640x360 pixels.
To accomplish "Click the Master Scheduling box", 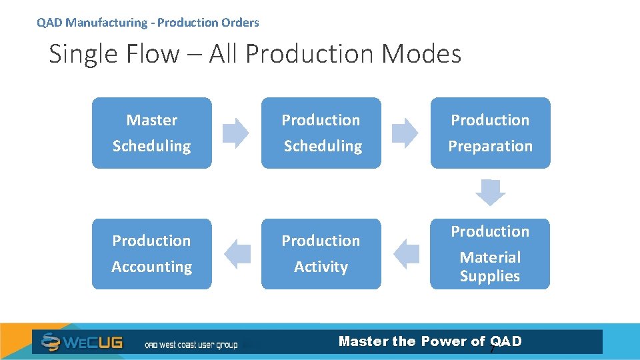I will tap(151, 133).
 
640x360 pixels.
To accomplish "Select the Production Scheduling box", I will tap(321, 133).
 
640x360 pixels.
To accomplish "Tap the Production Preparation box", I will tap(490, 133).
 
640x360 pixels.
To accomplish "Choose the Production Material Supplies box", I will tap(490, 253).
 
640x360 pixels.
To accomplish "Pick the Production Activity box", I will tap(321, 253).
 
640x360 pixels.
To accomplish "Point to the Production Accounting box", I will tap(151, 253).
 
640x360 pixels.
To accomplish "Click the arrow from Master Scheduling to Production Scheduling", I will tap(235, 133).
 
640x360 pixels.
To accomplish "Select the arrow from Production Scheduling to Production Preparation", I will tap(405, 133).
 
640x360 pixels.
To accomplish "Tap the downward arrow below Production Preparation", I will tap(490, 193).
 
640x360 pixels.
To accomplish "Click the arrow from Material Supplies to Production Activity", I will tap(406, 254).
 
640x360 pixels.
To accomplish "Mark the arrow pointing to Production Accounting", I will tap(237, 254).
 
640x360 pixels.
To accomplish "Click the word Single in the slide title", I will tap(81, 54).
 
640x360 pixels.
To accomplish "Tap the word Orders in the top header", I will tap(241, 23).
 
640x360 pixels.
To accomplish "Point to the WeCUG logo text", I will tap(93, 343).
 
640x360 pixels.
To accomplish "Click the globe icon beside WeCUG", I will tap(51, 342).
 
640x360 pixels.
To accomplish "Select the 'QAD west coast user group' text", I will tap(191, 345).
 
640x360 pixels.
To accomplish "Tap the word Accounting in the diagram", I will tap(151, 267).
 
